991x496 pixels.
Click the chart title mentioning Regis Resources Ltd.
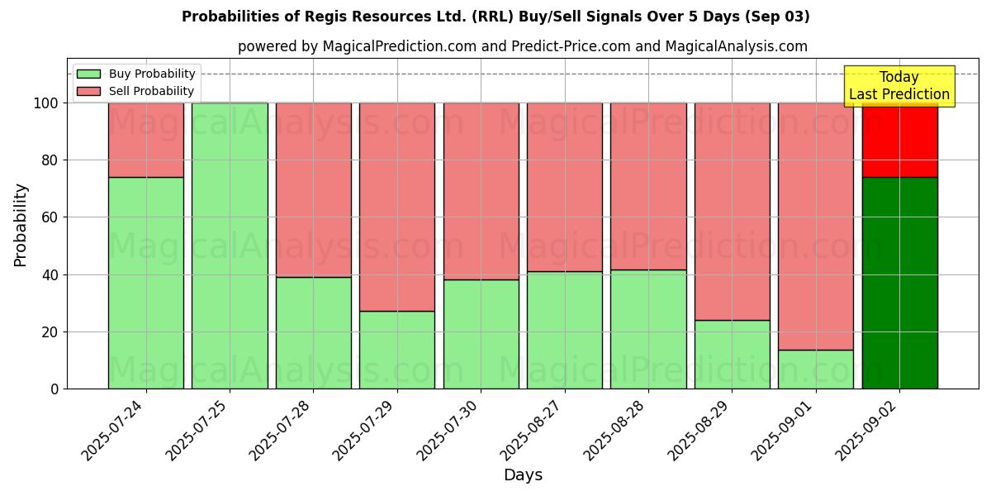click(495, 17)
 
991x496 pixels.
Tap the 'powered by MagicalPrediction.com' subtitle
click(522, 46)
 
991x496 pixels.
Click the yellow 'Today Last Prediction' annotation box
click(899, 86)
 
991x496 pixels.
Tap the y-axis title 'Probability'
click(21, 225)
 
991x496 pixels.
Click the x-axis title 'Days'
click(523, 475)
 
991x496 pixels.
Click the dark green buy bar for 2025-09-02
click(899, 283)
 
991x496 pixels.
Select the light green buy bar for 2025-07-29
click(397, 350)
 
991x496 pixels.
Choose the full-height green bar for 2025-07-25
click(230, 246)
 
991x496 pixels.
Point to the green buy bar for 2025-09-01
click(816, 370)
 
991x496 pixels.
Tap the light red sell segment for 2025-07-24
click(146, 140)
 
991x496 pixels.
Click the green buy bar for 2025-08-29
click(732, 355)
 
